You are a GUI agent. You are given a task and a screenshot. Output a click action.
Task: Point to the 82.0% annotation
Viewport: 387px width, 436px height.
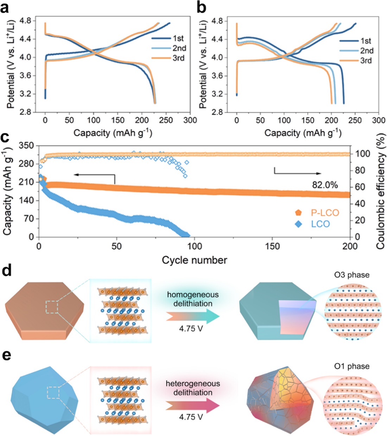tap(325, 185)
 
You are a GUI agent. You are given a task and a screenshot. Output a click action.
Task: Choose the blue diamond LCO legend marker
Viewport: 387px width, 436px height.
tap(299, 224)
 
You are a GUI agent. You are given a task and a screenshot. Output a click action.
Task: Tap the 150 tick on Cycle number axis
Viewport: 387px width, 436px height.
tap(272, 246)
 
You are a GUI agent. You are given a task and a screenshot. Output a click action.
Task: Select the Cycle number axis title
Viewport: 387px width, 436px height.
tap(194, 260)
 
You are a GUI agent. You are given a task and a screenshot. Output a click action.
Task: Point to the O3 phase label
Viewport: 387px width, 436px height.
tap(352, 275)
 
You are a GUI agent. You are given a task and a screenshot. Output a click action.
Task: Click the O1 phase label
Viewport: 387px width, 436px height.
tap(352, 366)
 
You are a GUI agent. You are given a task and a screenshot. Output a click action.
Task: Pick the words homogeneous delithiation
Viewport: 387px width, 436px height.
tap(193, 299)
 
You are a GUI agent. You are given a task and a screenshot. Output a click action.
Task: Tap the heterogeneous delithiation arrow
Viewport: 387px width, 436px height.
tap(193, 405)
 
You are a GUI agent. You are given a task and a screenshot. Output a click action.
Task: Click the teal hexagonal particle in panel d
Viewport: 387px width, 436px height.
tap(271, 313)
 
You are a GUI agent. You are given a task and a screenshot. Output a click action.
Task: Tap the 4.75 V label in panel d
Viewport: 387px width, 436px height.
tap(191, 329)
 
